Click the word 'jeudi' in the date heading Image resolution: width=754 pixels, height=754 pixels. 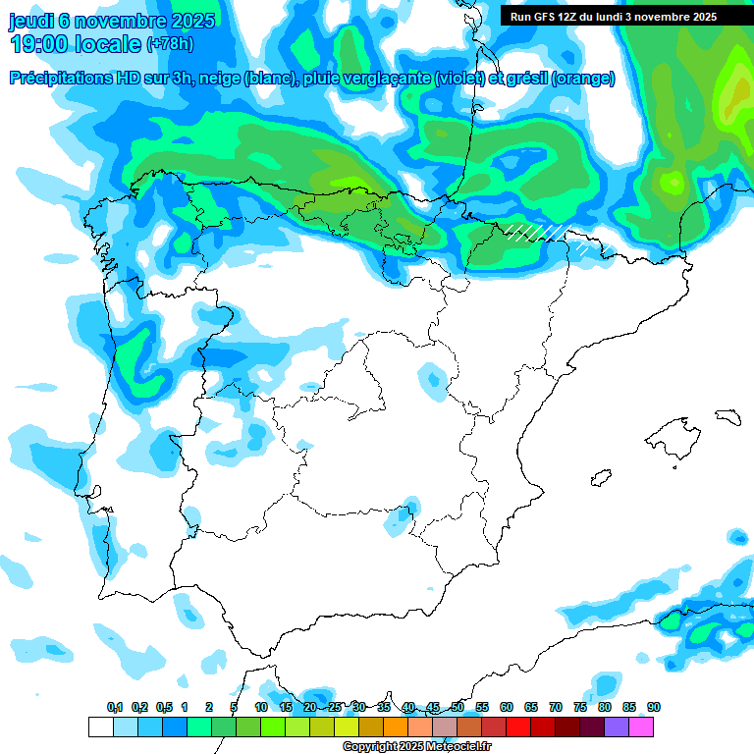(30, 21)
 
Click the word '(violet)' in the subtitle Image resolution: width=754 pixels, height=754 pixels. (460, 79)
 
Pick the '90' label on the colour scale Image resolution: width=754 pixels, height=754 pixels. (654, 707)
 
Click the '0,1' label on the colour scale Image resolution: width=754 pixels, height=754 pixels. (115, 707)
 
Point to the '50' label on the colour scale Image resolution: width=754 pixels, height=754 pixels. (458, 707)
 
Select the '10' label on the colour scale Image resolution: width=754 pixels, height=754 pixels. (261, 707)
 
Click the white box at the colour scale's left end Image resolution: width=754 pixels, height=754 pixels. (100, 727)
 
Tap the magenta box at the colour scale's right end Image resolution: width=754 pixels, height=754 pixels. (641, 727)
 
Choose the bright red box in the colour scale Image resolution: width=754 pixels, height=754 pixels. (518, 727)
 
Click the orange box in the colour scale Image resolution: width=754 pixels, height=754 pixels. (396, 727)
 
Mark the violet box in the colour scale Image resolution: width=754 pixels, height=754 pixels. (617, 727)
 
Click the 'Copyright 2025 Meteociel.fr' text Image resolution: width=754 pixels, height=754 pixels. (416, 747)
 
